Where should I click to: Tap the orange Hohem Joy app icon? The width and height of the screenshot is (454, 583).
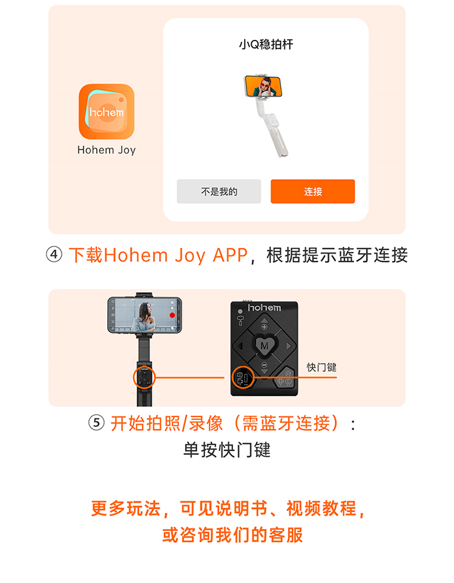click(x=107, y=111)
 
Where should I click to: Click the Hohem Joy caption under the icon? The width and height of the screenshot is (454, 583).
click(x=107, y=150)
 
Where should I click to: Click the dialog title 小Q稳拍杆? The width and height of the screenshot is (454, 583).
click(x=266, y=45)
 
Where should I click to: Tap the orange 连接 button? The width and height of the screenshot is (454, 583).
click(x=313, y=191)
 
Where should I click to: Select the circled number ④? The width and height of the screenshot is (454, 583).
click(x=54, y=255)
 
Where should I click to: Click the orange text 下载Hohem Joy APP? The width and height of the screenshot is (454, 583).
click(x=159, y=255)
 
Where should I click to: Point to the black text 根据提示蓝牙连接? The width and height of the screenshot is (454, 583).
click(x=337, y=255)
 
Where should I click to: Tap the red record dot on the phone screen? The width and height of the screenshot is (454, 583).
click(x=172, y=315)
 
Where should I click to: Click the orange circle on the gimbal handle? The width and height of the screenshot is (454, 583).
click(x=144, y=378)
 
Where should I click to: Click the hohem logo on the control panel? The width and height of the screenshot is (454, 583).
click(x=265, y=308)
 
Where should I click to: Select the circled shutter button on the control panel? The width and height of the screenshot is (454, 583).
click(x=243, y=378)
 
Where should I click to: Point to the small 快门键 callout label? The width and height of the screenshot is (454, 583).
click(x=321, y=367)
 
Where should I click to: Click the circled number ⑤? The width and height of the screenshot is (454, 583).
click(x=96, y=423)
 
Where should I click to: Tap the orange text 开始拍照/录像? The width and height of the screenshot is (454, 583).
click(x=166, y=424)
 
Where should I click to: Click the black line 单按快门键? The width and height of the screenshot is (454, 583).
click(x=227, y=450)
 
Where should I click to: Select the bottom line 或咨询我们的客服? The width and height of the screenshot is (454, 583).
click(x=232, y=535)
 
